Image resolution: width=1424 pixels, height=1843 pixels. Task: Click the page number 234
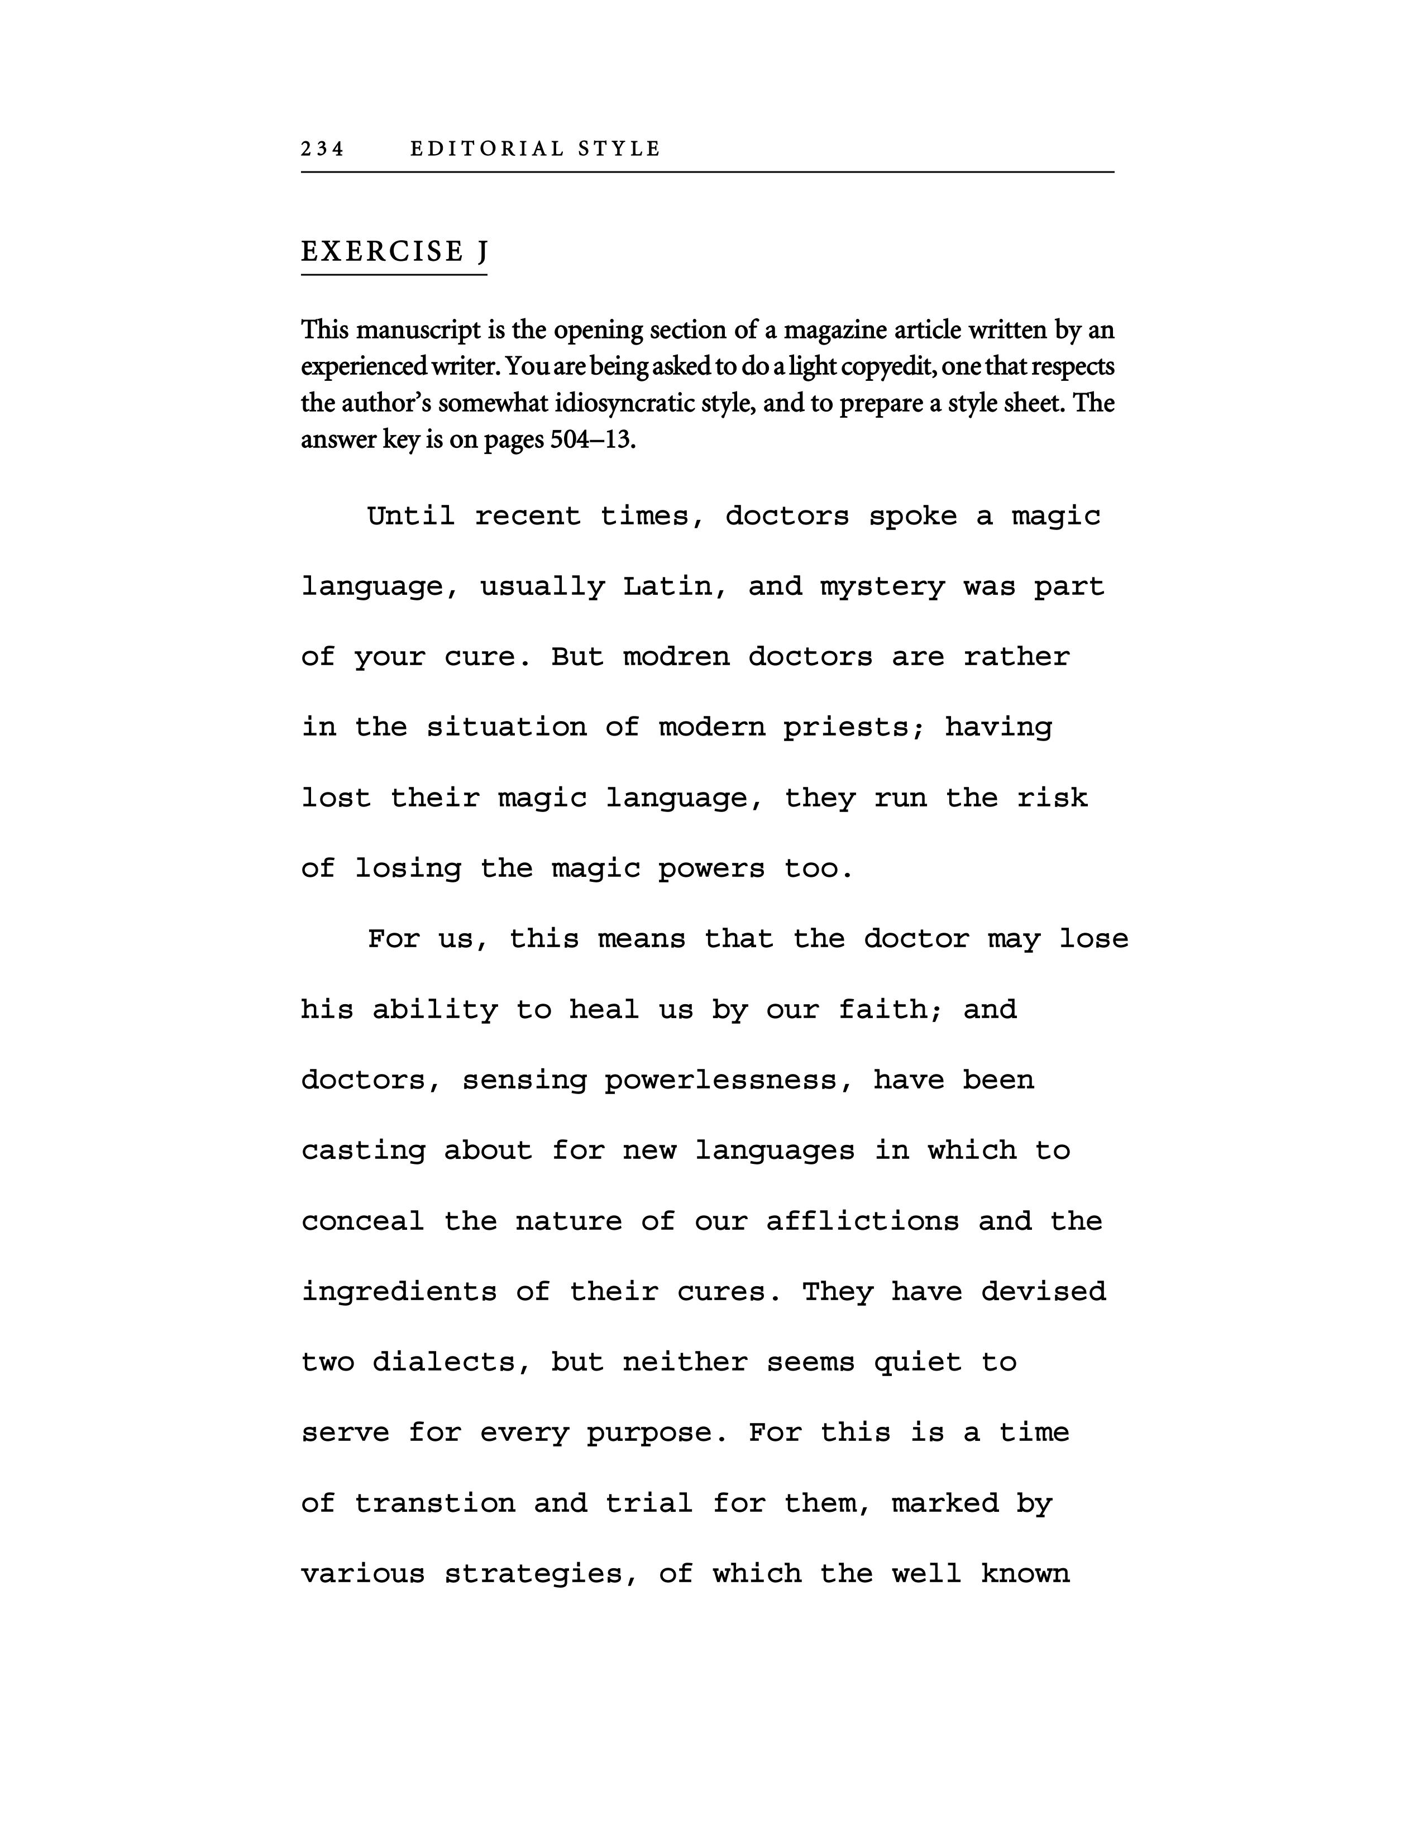[322, 149]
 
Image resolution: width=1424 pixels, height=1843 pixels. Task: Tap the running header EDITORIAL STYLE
[535, 149]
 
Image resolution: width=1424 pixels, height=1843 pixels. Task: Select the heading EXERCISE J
[394, 251]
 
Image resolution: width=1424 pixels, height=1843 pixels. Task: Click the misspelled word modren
[676, 657]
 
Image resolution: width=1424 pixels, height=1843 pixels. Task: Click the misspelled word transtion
[434, 1503]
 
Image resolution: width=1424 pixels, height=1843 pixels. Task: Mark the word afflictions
[862, 1221]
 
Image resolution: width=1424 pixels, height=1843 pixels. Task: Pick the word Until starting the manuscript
[411, 515]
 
